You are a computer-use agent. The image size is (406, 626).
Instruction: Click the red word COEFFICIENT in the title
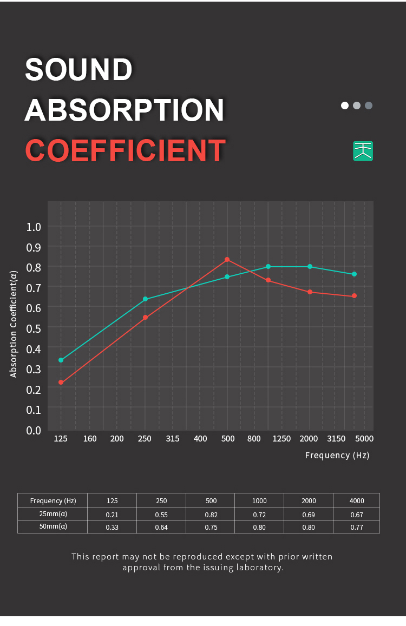(x=125, y=150)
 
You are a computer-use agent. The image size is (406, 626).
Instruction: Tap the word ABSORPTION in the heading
(x=124, y=110)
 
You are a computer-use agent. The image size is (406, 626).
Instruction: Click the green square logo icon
(x=363, y=151)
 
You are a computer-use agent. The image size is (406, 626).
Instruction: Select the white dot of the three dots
(x=345, y=106)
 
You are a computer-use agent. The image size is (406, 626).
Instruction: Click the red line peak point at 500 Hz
(x=227, y=260)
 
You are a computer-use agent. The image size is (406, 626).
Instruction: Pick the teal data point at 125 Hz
(x=61, y=360)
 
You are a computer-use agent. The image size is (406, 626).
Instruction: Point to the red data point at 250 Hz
(x=145, y=318)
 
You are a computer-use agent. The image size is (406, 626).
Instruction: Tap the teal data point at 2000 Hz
(x=310, y=267)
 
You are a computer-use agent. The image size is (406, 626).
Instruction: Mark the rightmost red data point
(x=354, y=296)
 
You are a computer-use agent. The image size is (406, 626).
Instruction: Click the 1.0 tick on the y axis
(x=34, y=227)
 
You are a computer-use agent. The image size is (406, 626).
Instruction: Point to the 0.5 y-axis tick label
(x=34, y=328)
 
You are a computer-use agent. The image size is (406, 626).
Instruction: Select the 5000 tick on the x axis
(x=364, y=438)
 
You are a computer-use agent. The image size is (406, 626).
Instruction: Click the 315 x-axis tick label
(x=173, y=438)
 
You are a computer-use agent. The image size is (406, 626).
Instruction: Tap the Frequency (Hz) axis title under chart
(x=337, y=455)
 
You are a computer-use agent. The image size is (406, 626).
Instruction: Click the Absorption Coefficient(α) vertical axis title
(x=14, y=325)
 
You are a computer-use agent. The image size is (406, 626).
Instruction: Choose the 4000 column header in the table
(x=356, y=500)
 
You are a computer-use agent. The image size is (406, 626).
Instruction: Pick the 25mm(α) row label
(x=53, y=514)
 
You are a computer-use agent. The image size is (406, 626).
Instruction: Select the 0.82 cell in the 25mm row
(x=211, y=515)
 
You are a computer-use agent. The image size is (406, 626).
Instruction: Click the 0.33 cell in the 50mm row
(x=112, y=527)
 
